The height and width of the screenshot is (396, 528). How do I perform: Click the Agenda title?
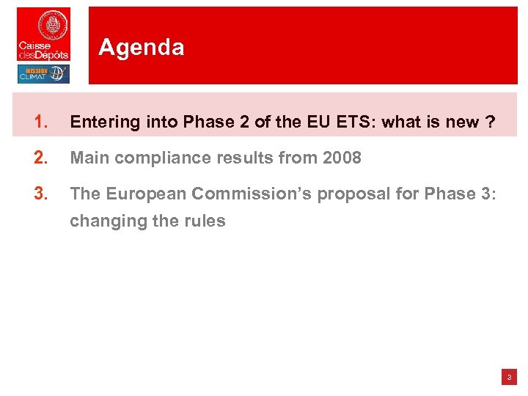[141, 48]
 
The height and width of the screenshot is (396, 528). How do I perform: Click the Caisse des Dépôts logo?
[43, 34]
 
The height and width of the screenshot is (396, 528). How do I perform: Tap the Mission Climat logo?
[43, 74]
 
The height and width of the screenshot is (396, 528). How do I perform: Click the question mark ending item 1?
[488, 122]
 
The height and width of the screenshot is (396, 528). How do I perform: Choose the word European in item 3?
[141, 193]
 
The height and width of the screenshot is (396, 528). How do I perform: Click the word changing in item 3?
[103, 221]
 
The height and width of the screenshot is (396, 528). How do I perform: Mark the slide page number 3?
[509, 378]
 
